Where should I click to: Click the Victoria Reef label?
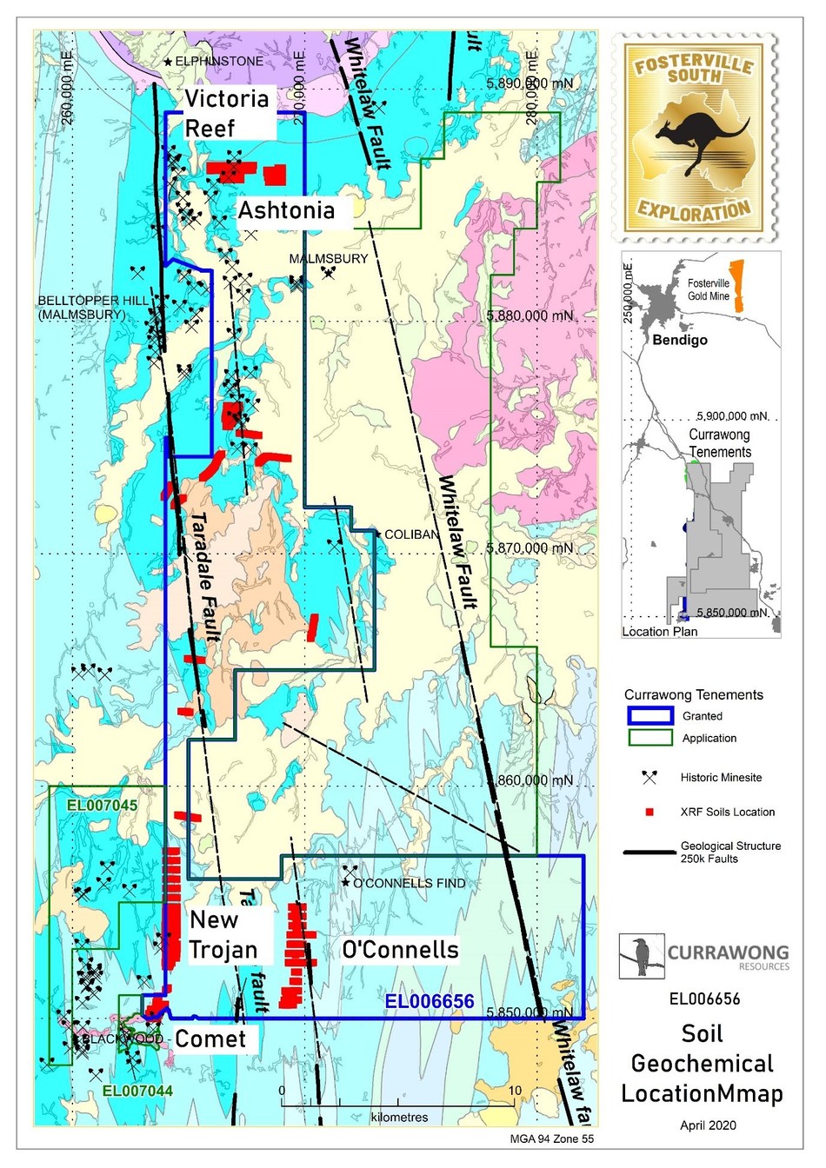tap(226, 112)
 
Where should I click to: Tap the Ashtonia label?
tap(286, 210)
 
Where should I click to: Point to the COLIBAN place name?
tap(411, 534)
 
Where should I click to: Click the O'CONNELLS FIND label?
tap(408, 883)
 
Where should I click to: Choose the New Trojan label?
tap(223, 935)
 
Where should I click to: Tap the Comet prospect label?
tap(210, 1039)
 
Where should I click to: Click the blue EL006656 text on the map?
tap(430, 1002)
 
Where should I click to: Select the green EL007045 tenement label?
tap(102, 806)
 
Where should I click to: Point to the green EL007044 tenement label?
tap(137, 1092)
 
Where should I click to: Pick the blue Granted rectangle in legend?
tap(649, 716)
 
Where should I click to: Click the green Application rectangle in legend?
tap(649, 738)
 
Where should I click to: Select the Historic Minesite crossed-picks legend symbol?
tap(649, 778)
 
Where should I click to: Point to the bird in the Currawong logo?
tap(640, 956)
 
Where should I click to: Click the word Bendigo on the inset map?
tap(679, 340)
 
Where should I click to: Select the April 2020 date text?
tap(708, 1125)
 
